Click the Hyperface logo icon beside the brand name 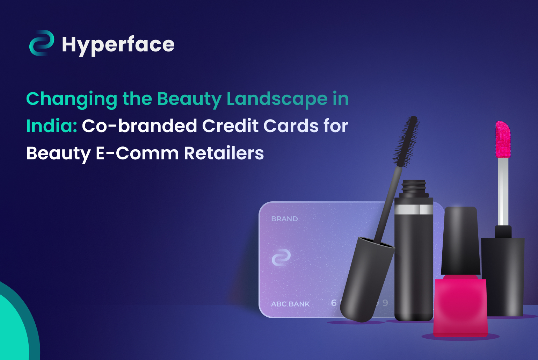(x=42, y=43)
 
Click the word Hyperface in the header (x=118, y=45)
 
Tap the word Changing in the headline (x=72, y=99)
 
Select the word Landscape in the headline (x=277, y=99)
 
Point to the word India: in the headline (x=52, y=126)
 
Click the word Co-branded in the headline (x=139, y=126)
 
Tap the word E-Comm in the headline (x=137, y=153)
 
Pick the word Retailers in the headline (x=224, y=153)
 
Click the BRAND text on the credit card (x=284, y=219)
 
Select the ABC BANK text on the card (x=290, y=304)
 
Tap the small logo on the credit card (x=281, y=258)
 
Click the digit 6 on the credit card (x=334, y=303)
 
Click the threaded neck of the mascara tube (x=414, y=187)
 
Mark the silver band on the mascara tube (x=414, y=209)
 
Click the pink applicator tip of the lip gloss (x=503, y=139)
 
